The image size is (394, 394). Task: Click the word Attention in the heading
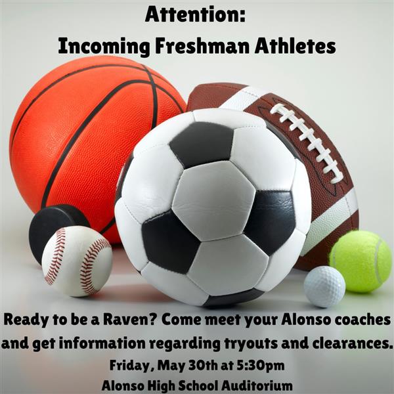(193, 14)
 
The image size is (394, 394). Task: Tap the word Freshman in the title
(202, 46)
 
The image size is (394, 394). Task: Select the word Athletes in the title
(295, 46)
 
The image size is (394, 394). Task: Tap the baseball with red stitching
(77, 261)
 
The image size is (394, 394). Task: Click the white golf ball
(324, 287)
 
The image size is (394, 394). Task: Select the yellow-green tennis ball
(361, 261)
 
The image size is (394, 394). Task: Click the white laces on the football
(307, 142)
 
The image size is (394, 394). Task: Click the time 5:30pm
(261, 366)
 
